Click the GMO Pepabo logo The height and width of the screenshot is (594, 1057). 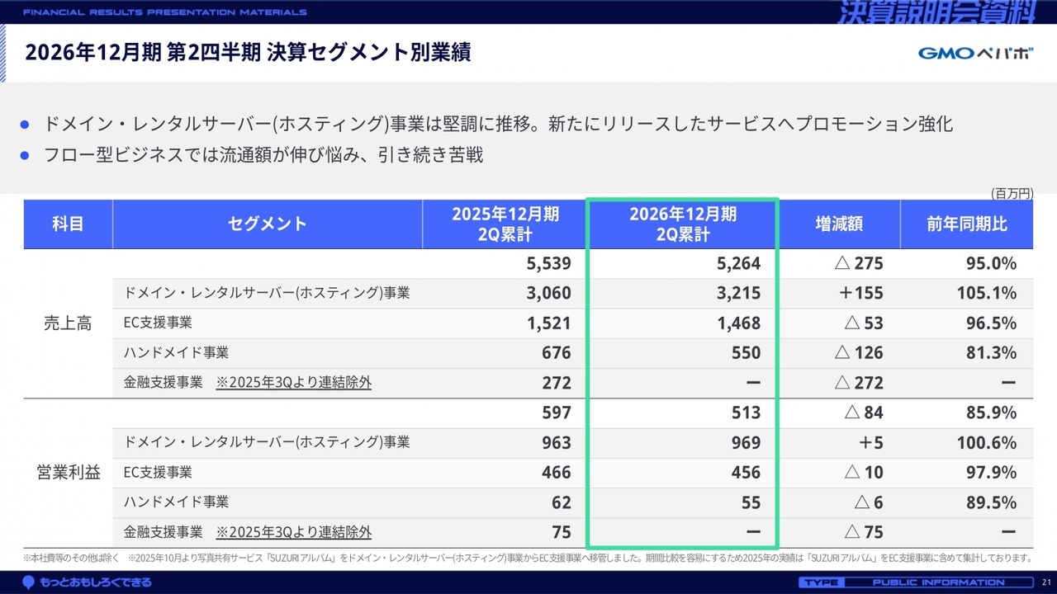tap(975, 53)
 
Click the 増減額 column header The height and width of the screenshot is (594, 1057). tap(839, 224)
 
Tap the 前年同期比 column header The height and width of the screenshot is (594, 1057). tap(966, 224)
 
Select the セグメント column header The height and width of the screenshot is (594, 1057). tap(267, 224)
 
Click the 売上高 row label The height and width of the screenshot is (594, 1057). tap(68, 323)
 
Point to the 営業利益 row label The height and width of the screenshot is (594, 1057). tap(69, 473)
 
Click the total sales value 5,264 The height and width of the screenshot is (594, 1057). tap(738, 263)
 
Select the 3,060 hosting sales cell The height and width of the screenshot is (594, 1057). tap(549, 293)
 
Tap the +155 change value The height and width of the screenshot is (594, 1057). tap(861, 293)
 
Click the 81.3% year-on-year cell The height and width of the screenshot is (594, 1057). tap(991, 352)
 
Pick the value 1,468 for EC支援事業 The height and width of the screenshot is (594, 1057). tap(738, 323)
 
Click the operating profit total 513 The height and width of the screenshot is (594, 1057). tap(746, 413)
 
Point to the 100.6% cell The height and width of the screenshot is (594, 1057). tap(986, 443)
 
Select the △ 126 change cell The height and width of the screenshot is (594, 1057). tap(858, 352)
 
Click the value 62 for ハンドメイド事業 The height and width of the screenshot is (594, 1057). tap(562, 502)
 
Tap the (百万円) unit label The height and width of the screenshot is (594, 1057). tap(1012, 193)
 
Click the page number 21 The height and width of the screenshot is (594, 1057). tap(1046, 582)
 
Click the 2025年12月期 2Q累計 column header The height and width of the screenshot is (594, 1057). tap(505, 224)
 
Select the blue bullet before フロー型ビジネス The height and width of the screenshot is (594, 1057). tap(25, 155)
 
